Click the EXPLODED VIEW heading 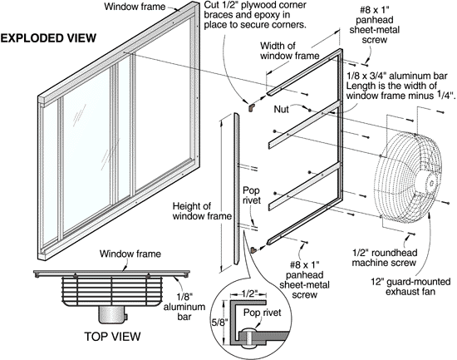48,38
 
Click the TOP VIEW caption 112,337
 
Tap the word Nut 281,109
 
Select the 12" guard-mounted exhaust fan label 410,287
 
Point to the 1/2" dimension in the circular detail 248,293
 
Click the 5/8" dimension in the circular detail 219,323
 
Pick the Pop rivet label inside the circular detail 263,313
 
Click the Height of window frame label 202,211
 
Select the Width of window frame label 289,51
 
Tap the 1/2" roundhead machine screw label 384,258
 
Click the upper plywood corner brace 251,107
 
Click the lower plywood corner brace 253,250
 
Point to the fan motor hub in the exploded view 429,182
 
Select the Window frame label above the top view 130,254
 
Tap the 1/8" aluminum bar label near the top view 184,307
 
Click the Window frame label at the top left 135,7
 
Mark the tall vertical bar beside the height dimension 236,189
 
